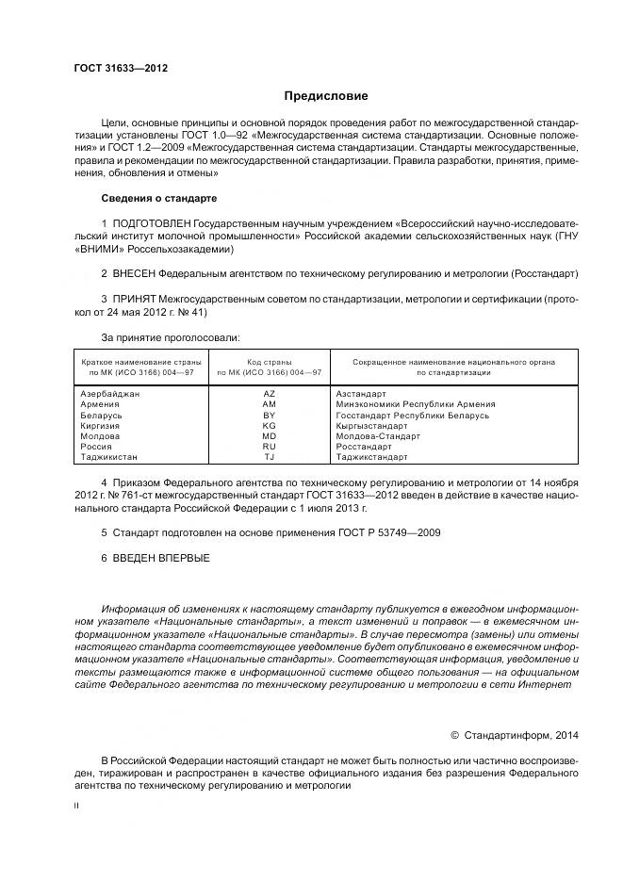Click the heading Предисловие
tap(326, 96)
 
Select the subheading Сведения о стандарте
tap(158, 199)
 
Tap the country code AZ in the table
tap(269, 393)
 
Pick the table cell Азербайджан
tap(110, 393)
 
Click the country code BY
tap(269, 415)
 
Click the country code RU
tap(269, 446)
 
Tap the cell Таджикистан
tap(109, 456)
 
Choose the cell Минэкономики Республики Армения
tap(415, 403)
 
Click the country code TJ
tap(269, 456)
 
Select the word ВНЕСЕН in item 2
tap(133, 273)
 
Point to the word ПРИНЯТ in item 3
tap(132, 299)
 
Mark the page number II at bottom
tap(77, 807)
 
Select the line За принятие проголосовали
tap(170, 336)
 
